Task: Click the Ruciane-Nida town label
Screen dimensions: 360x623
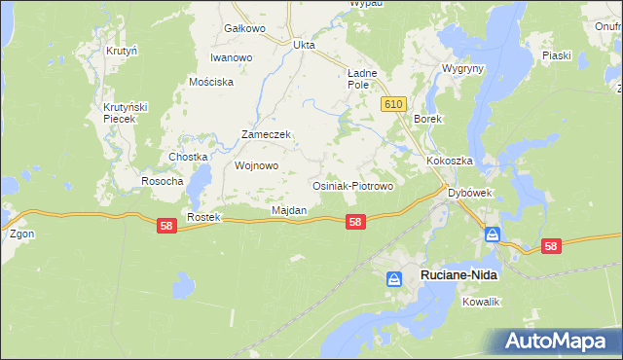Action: point(458,276)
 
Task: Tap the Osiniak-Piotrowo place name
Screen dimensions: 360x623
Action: point(351,185)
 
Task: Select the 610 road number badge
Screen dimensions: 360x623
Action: point(393,104)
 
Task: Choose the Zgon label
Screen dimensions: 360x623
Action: point(21,234)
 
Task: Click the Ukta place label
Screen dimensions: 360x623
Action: point(305,44)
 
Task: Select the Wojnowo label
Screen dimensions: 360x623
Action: point(257,165)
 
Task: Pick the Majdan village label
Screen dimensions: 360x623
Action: point(289,210)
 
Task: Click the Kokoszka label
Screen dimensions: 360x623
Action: point(449,161)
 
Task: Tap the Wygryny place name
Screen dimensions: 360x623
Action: point(461,70)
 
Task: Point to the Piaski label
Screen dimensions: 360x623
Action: point(556,55)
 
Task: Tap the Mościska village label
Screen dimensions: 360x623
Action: point(211,82)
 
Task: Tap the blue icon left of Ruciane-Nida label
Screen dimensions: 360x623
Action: point(394,279)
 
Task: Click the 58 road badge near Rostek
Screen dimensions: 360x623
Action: point(166,225)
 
